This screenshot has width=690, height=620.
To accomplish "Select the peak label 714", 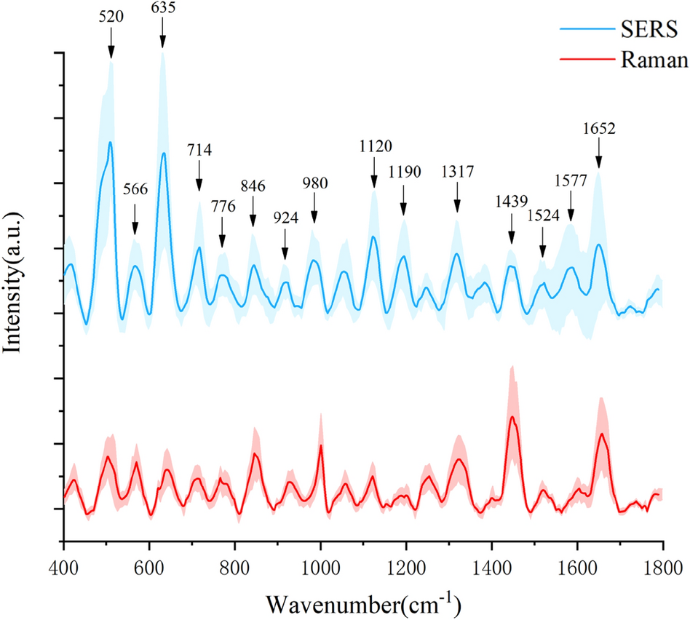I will click(199, 150).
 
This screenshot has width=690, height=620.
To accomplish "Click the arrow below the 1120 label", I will click(374, 175).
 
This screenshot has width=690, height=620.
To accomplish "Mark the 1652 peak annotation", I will click(599, 129).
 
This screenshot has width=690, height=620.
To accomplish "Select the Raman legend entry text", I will click(650, 60).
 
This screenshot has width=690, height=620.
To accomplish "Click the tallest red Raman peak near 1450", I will click(512, 417).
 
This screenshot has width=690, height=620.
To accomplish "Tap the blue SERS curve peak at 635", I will click(164, 154).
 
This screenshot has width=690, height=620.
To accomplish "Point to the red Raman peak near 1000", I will click(321, 445).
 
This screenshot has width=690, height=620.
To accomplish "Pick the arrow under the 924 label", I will click(285, 245).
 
